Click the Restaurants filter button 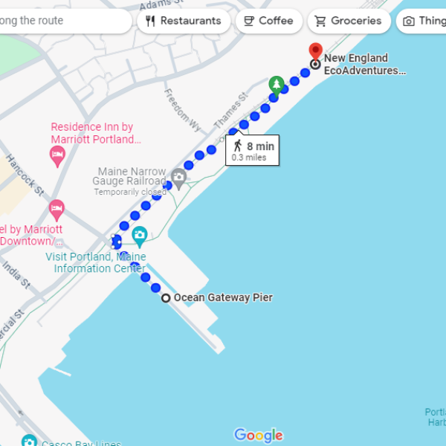pos(184,21)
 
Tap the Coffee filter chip pos(268,21)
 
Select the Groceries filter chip pos(349,21)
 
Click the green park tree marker pos(277,84)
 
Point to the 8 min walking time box pos(253,150)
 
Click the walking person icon pos(238,146)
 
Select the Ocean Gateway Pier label pos(223,298)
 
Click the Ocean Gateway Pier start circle pos(166,298)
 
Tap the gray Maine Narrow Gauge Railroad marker pos(178,178)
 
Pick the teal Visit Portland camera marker pos(139,236)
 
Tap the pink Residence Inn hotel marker pos(57,155)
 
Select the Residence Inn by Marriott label pos(92,133)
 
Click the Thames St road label pos(230,110)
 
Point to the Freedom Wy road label pos(178,107)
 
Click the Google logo pos(258,436)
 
